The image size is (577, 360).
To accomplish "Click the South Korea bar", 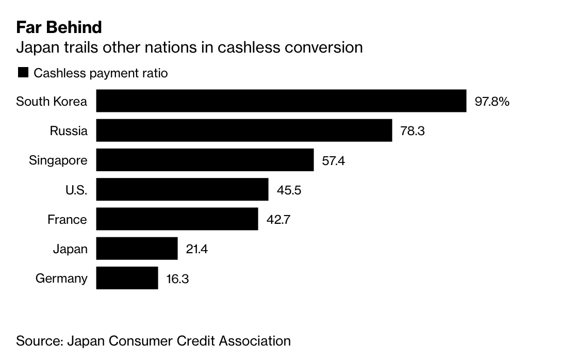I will coord(281,101).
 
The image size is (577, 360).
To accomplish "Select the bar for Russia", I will coord(244,130).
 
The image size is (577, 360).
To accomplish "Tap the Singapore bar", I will coord(205,160).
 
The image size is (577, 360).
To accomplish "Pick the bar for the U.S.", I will coord(182,190).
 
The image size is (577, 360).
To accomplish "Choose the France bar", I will coord(177,219).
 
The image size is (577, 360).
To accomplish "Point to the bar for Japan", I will coord(137,249).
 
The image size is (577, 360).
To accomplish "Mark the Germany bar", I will coord(127,278).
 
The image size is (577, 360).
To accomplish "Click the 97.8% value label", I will coord(492,101).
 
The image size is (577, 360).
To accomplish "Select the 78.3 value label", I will coord(412,131).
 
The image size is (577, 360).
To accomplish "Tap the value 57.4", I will coord(333,160).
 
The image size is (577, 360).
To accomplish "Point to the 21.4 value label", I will coord(196,249).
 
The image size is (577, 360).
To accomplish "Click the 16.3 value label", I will coord(177,279).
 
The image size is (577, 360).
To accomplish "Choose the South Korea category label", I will coord(52,101).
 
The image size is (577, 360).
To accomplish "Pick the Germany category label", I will coord(61,279).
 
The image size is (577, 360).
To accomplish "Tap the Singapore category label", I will coord(58,160).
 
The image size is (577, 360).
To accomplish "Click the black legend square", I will coord(23,73).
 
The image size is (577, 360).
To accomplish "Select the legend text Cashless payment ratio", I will coord(101,73).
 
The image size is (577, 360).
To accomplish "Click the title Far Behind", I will coord(59,27).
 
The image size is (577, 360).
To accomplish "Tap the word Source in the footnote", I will coord(38,341).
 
